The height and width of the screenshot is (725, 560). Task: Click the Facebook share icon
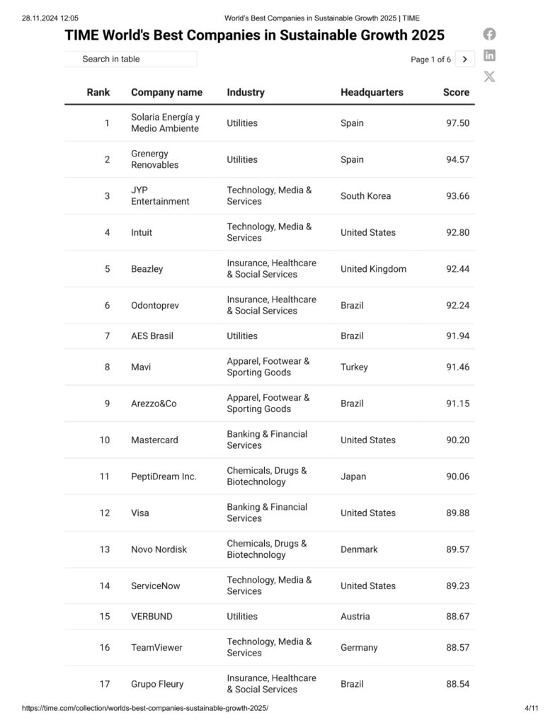coord(489,34)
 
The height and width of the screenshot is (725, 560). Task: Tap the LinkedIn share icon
coord(489,55)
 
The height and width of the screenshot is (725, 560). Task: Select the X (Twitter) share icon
coord(489,76)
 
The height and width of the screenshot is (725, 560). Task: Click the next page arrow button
coord(464,59)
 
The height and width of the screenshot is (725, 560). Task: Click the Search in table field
coord(131,59)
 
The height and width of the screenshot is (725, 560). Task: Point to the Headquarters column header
coord(372,92)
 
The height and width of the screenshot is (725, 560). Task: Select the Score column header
coord(456,92)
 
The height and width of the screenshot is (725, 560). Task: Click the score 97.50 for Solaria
coord(457,123)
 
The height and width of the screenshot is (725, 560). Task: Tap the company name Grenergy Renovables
coord(155,159)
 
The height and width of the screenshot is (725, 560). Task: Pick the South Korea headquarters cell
coord(365,196)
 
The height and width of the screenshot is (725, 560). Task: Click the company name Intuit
coord(142,232)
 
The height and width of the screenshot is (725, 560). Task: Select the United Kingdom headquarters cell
coord(373,269)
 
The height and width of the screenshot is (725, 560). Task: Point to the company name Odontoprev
coord(155,305)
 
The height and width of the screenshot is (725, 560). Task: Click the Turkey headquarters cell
coord(355,367)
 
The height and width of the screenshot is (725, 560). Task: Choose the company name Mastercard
coord(154,440)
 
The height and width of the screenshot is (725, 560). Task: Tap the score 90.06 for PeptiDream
coord(457,476)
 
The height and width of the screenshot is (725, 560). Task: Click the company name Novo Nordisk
coord(159,549)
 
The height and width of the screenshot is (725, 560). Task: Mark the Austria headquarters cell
coord(355,616)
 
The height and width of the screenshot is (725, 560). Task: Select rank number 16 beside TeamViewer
coord(105,647)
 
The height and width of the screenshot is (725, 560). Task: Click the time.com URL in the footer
coord(145,708)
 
